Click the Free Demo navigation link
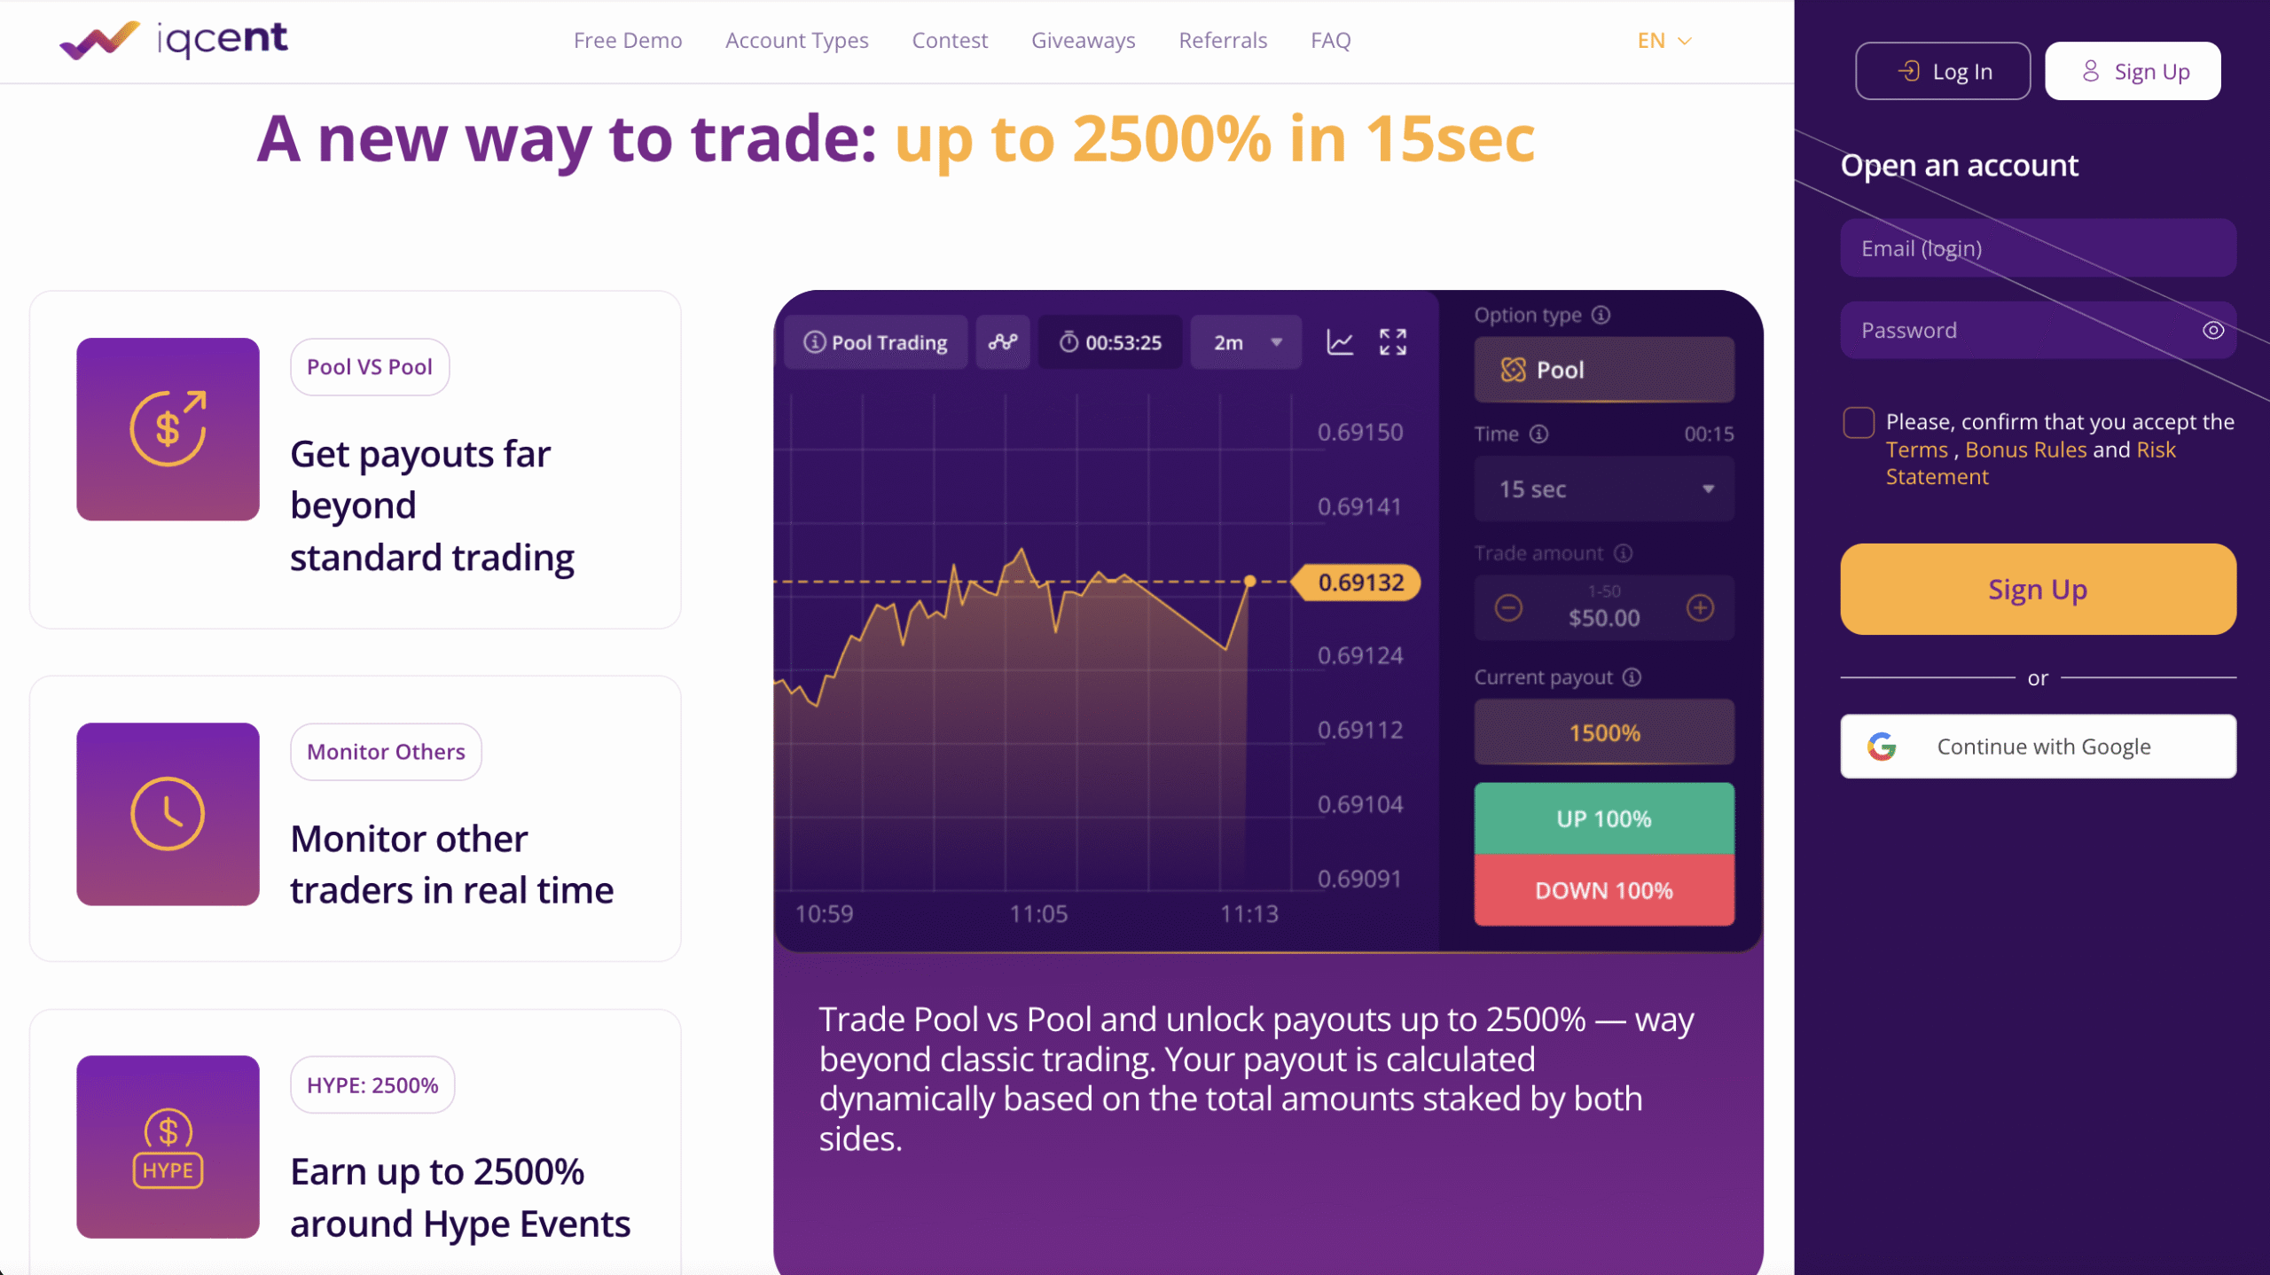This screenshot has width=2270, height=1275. tap(628, 41)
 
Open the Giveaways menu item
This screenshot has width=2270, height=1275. tap(1083, 41)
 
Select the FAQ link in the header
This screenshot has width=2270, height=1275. tap(1331, 41)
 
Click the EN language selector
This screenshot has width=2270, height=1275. tap(1664, 41)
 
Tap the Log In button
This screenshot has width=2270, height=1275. tap(1942, 71)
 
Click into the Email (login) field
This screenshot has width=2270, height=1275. tap(2038, 248)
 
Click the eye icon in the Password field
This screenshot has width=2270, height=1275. tap(2212, 331)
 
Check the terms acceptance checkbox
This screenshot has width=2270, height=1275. tap(1859, 423)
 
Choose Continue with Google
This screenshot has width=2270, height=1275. tap(2038, 747)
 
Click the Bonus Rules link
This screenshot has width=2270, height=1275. tap(2026, 450)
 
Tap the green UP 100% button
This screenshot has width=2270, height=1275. tap(1604, 818)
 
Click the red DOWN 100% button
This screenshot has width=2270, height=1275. tap(1604, 890)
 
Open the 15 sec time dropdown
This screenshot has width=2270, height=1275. tap(1604, 489)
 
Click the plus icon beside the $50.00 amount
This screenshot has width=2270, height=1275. tap(1700, 608)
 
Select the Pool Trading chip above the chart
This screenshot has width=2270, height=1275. tap(876, 342)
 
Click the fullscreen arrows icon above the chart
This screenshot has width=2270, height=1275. tap(1393, 342)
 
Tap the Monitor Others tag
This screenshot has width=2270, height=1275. tap(386, 752)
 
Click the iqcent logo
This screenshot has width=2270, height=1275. tap(174, 40)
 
